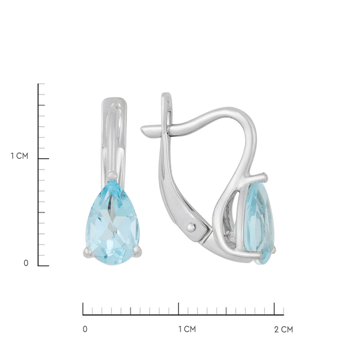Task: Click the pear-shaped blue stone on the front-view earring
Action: point(113,224)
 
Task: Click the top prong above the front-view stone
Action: point(112,175)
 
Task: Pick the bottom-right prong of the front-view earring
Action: point(138,251)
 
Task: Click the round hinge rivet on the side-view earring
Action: point(191,228)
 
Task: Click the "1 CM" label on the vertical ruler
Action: point(20,156)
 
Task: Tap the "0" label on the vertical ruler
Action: point(26,263)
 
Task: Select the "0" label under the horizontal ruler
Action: point(85,329)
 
